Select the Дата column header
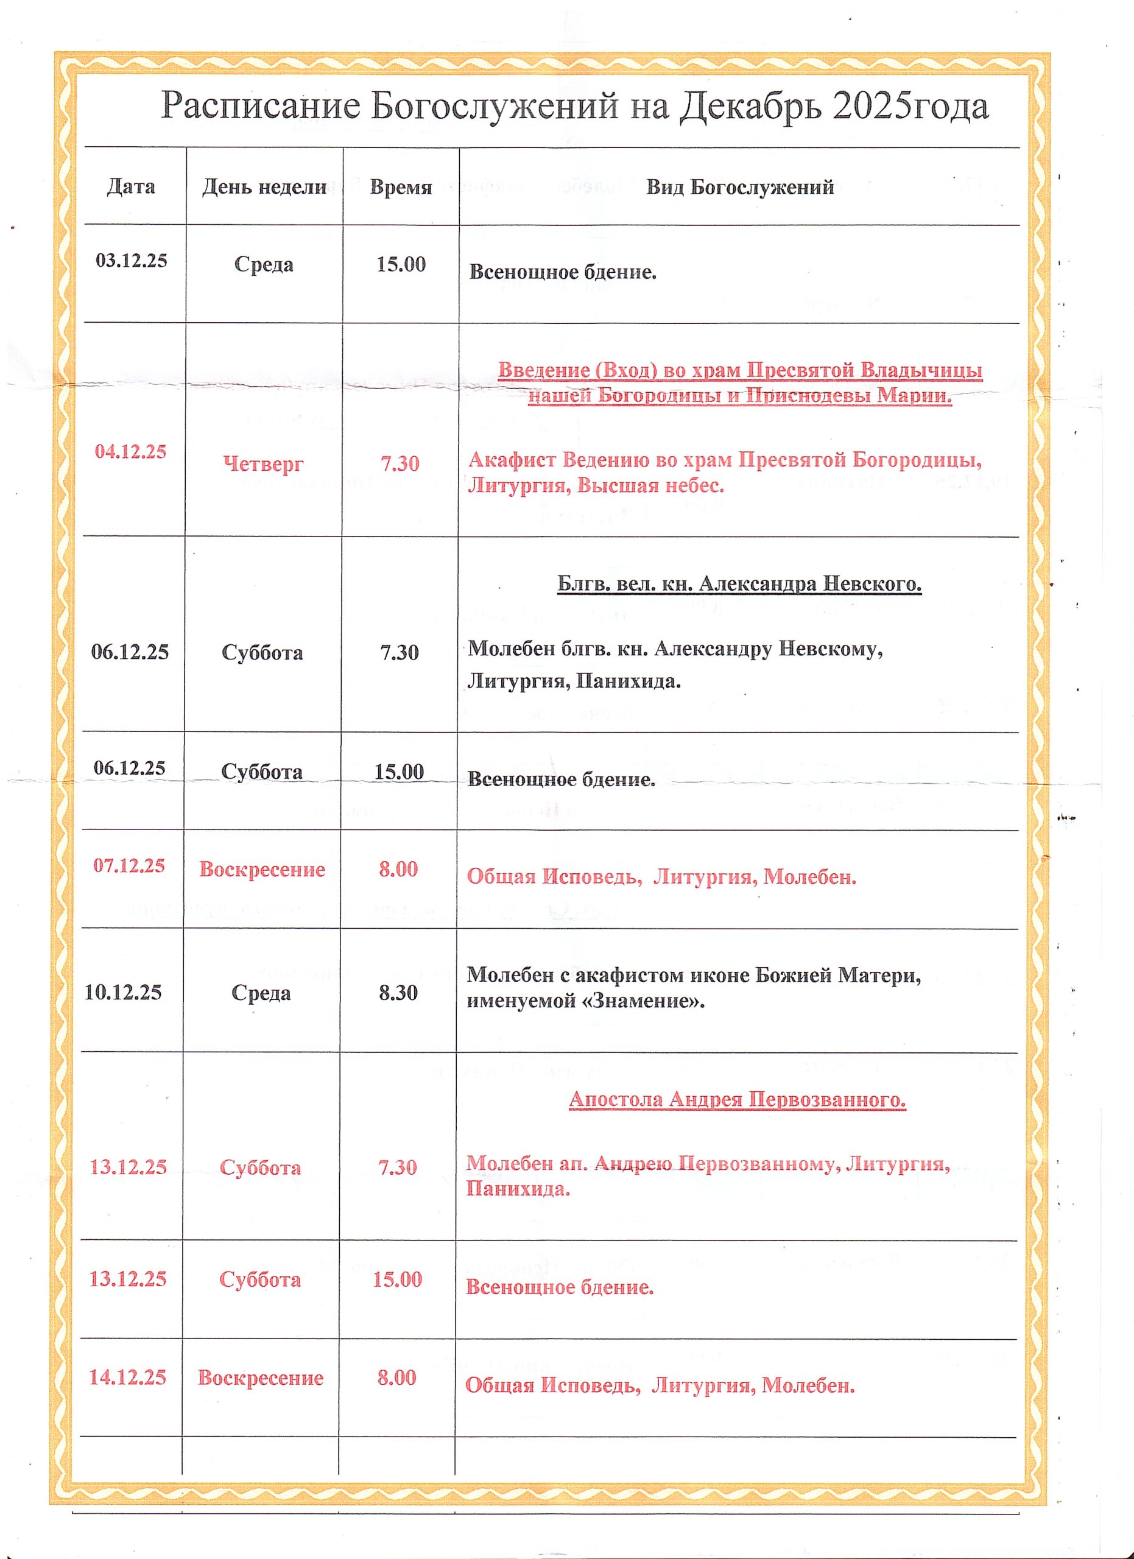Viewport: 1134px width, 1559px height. pyautogui.click(x=130, y=187)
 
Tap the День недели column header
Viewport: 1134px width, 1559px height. pyautogui.click(x=264, y=187)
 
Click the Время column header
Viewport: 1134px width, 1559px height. pyautogui.click(x=401, y=187)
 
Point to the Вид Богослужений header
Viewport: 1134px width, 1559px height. pyautogui.click(x=739, y=187)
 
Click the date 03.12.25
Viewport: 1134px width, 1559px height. pyautogui.click(x=132, y=261)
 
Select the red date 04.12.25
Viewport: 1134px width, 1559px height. pyautogui.click(x=130, y=452)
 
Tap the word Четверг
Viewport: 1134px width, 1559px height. pyautogui.click(x=263, y=464)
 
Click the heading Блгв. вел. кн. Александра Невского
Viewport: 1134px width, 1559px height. pyautogui.click(x=739, y=583)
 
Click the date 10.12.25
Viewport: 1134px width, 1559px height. pyautogui.click(x=123, y=992)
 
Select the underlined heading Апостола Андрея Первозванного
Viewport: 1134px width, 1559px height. pyautogui.click(x=737, y=1099)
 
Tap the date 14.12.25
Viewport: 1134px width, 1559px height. pyautogui.click(x=128, y=1377)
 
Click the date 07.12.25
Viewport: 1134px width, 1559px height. pyautogui.click(x=129, y=865)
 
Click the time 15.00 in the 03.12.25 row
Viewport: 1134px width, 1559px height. pyautogui.click(x=401, y=264)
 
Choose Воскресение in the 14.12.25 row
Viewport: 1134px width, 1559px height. pyautogui.click(x=261, y=1378)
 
